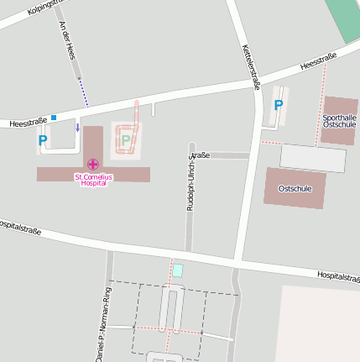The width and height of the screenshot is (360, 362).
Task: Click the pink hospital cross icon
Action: (x=92, y=165)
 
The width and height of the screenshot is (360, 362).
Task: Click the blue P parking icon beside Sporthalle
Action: (x=279, y=105)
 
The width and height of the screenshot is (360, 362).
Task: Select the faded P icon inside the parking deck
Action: (x=126, y=140)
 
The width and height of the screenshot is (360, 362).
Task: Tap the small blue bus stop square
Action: (x=54, y=118)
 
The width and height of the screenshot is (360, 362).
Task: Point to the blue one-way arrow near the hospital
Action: (x=78, y=128)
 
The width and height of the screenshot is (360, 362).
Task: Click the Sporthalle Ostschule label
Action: (x=339, y=120)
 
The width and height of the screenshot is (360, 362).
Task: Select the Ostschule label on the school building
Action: (x=295, y=188)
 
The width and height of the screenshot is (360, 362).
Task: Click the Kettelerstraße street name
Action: (x=250, y=66)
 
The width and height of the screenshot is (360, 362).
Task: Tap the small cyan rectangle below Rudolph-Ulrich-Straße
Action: (x=177, y=270)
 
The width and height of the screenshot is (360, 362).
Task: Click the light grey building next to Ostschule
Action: (x=312, y=158)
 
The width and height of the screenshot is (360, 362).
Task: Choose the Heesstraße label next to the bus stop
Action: (x=26, y=123)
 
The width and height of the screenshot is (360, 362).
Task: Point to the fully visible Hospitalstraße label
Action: (x=337, y=275)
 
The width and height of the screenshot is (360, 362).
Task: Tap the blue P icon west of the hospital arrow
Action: (x=42, y=141)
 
